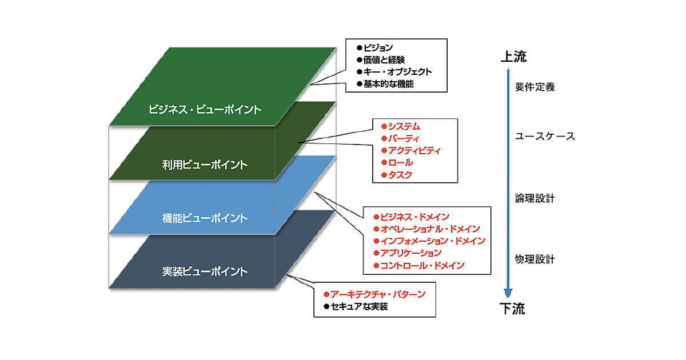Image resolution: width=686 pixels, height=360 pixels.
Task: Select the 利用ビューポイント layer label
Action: (x=205, y=165)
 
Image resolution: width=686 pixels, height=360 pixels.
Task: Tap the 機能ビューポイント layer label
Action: (x=205, y=218)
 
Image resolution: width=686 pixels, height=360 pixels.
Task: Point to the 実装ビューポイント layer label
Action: (x=205, y=271)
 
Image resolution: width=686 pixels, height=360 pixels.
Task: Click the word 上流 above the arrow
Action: (x=513, y=57)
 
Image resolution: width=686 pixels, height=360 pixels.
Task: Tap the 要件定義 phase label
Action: (x=535, y=87)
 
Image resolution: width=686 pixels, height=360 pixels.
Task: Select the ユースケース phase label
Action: (x=545, y=137)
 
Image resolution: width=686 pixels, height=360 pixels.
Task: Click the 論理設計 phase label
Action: (x=535, y=199)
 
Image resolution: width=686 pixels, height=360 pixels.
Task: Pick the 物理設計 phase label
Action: (x=535, y=259)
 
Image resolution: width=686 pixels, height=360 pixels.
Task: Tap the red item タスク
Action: (x=400, y=175)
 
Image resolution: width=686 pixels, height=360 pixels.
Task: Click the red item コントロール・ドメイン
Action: (x=422, y=265)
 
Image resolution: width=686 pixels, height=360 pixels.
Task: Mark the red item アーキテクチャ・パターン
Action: (x=378, y=294)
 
